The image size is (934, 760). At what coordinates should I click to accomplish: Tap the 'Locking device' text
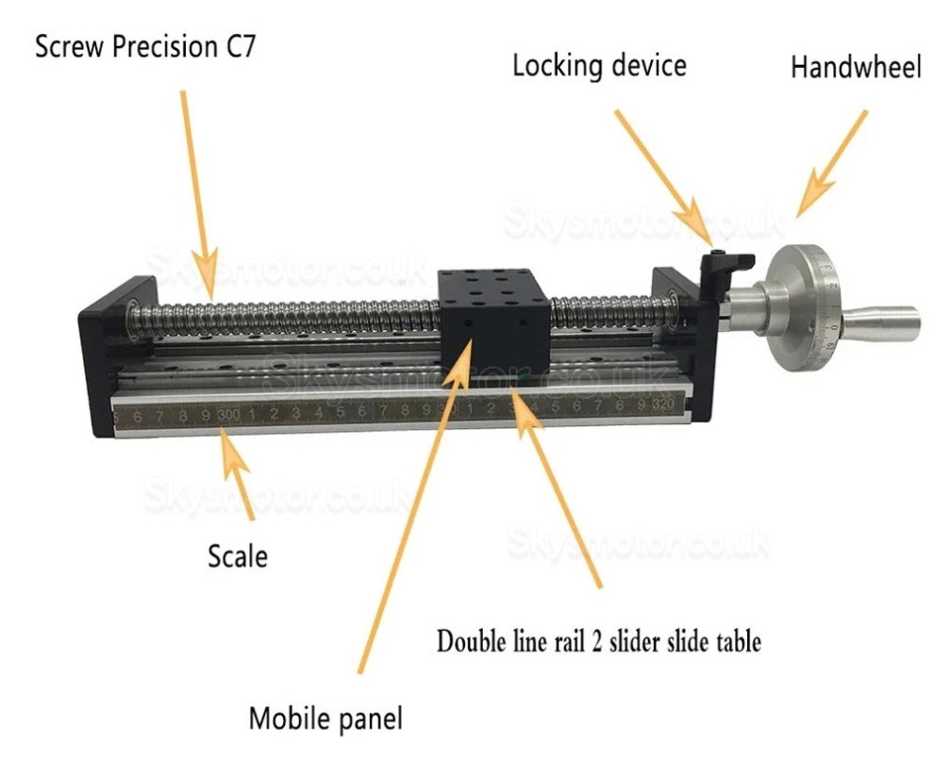click(x=598, y=66)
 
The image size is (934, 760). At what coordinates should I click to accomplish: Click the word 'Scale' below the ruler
click(x=237, y=555)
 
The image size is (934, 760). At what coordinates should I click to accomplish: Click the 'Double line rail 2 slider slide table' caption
click(x=598, y=642)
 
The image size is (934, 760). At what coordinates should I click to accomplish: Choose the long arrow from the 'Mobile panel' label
click(x=415, y=509)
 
